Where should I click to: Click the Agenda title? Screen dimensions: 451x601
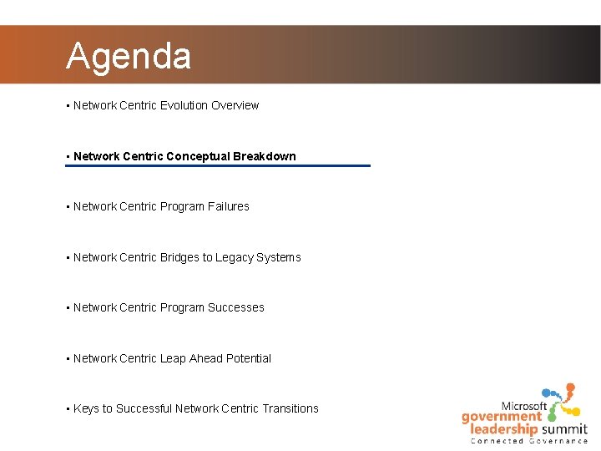(129, 56)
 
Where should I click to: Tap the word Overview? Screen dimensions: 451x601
(235, 105)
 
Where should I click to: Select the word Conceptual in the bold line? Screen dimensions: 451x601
(198, 156)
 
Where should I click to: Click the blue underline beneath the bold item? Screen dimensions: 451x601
(217, 165)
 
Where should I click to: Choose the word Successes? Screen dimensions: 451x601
(236, 307)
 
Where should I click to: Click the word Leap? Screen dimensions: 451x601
(173, 358)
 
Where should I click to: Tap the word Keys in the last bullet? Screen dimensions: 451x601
(86, 408)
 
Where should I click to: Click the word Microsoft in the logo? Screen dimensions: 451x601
(523, 406)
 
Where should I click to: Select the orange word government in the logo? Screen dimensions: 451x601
(501, 417)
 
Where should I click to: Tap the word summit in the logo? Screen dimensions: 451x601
(563, 429)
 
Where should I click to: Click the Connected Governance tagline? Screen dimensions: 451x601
(528, 441)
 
